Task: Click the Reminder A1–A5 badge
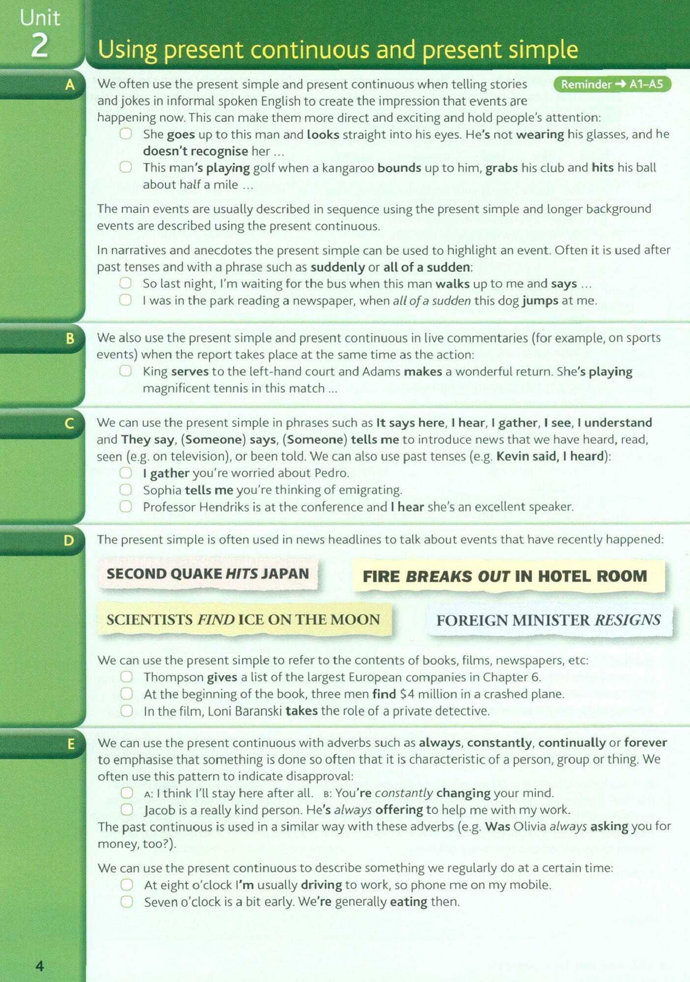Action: (612, 84)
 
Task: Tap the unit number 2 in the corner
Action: (40, 46)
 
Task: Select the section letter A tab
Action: (70, 85)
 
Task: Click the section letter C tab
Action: (69, 423)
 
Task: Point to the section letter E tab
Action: (71, 744)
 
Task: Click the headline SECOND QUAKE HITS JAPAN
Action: (207, 573)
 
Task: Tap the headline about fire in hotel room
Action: (505, 576)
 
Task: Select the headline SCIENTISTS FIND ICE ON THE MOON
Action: (243, 620)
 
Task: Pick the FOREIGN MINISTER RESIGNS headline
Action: (548, 620)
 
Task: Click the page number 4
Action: (40, 966)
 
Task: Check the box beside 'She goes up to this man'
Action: (126, 134)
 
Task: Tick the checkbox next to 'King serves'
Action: (126, 371)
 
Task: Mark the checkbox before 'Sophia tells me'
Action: (126, 490)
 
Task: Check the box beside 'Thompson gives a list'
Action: (126, 677)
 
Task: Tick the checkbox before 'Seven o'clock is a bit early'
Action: (127, 901)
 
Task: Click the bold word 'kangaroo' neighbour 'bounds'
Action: (399, 168)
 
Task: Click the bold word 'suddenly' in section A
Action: (337, 268)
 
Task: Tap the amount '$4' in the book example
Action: (407, 694)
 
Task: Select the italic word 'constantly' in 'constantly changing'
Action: (403, 793)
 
